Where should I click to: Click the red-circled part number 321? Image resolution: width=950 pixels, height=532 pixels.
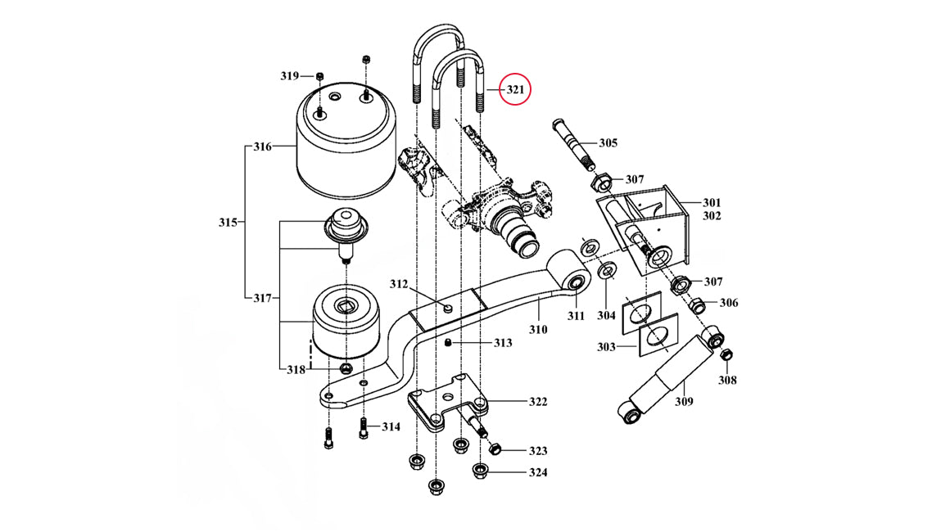[x=514, y=89]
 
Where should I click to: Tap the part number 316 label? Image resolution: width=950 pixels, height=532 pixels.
[x=262, y=147]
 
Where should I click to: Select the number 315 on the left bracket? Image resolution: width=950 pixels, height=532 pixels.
[x=228, y=223]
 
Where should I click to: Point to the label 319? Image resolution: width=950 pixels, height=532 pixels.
[x=290, y=76]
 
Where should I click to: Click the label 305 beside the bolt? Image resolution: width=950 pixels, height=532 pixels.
[x=608, y=143]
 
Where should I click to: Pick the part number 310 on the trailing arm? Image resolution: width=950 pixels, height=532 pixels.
[x=537, y=330]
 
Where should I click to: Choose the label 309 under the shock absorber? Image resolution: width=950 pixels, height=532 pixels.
[x=684, y=401]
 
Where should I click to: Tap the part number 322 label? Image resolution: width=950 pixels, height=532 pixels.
[x=538, y=402]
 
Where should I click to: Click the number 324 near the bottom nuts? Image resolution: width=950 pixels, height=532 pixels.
[x=538, y=472]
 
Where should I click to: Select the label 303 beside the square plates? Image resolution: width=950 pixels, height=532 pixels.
[x=607, y=347]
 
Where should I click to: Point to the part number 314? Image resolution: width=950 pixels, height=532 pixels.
[x=391, y=426]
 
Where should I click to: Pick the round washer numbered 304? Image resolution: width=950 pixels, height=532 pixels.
[x=608, y=271]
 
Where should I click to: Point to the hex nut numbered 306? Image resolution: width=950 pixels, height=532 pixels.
[x=698, y=305]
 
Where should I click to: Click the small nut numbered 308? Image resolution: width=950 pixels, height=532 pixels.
[x=726, y=354]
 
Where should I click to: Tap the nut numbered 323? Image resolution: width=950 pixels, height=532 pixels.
[x=494, y=449]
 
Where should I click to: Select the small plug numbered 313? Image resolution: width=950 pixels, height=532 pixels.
[x=450, y=343]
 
